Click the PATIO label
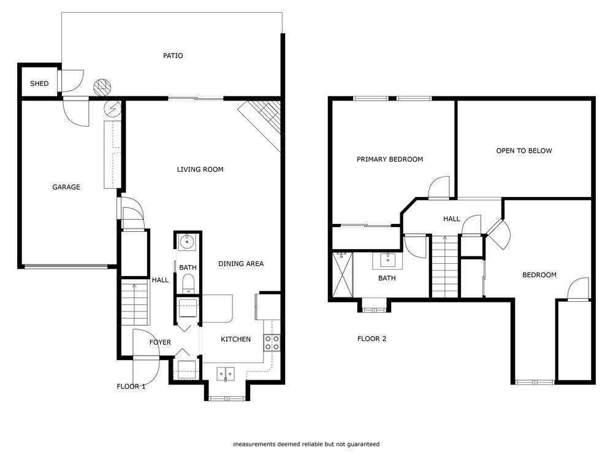(173, 56)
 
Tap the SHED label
(39, 83)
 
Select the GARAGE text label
(66, 187)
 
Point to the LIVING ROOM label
(200, 169)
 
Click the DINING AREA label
(241, 264)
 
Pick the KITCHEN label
(235, 339)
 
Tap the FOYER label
(160, 342)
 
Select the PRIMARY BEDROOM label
(390, 159)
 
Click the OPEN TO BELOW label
(524, 150)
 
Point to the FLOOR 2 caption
(371, 338)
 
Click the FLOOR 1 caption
(131, 386)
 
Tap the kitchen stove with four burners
(272, 343)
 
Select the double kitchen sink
(226, 372)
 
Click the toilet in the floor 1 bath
(188, 283)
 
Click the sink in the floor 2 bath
(388, 261)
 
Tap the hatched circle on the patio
(101, 87)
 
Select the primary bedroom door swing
(441, 188)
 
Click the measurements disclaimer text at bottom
(306, 443)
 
